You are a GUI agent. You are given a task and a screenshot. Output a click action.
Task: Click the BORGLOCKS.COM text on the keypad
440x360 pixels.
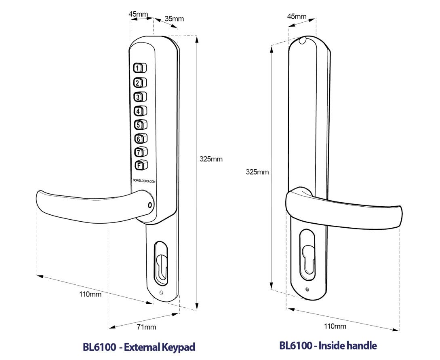coord(144,181)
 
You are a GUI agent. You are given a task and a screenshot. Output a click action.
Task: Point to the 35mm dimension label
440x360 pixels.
coord(174,19)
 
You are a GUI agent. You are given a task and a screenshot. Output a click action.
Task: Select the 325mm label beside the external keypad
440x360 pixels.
coord(211,159)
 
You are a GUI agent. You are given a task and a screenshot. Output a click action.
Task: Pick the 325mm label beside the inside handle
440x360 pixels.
coord(257,172)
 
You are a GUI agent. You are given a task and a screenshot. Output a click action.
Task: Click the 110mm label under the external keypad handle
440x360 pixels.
coord(90,294)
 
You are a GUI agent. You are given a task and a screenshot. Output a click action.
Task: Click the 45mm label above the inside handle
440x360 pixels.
coord(297,16)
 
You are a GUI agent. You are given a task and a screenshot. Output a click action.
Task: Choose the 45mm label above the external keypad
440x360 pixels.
coord(138,14)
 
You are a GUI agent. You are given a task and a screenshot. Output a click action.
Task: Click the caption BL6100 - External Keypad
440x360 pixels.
coord(139,347)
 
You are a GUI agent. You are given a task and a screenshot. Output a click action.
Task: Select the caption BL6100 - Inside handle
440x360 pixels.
coord(328,346)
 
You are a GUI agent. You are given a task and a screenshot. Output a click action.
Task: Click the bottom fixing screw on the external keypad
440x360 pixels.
coord(162,293)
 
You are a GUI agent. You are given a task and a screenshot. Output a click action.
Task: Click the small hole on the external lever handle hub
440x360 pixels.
coord(151,205)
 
